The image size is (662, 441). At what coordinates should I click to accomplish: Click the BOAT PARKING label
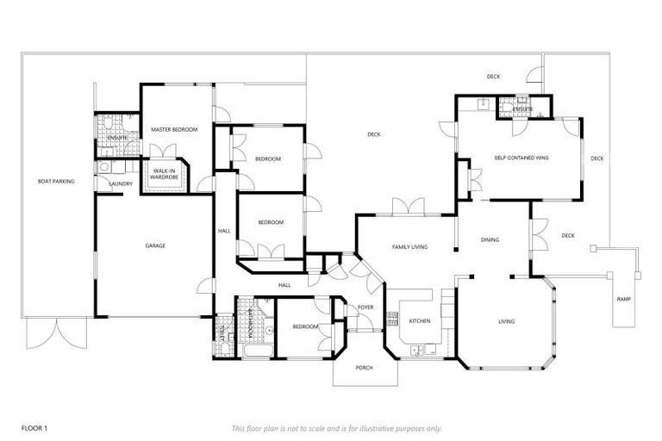point(56,182)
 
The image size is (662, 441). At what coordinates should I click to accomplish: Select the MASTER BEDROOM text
point(174,129)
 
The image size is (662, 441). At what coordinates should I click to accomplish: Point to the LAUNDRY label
point(120,183)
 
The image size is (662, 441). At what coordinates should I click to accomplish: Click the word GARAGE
point(155,246)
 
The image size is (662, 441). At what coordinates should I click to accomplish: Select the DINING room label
point(490,240)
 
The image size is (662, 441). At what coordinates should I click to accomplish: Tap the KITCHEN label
point(420,321)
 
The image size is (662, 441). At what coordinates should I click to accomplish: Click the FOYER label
point(365,307)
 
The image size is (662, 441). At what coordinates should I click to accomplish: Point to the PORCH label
point(365,368)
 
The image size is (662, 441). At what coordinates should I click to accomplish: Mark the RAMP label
point(623,299)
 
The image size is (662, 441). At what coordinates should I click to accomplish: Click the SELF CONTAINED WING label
point(521,158)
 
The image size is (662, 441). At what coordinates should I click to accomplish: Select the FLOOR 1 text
point(34,427)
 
